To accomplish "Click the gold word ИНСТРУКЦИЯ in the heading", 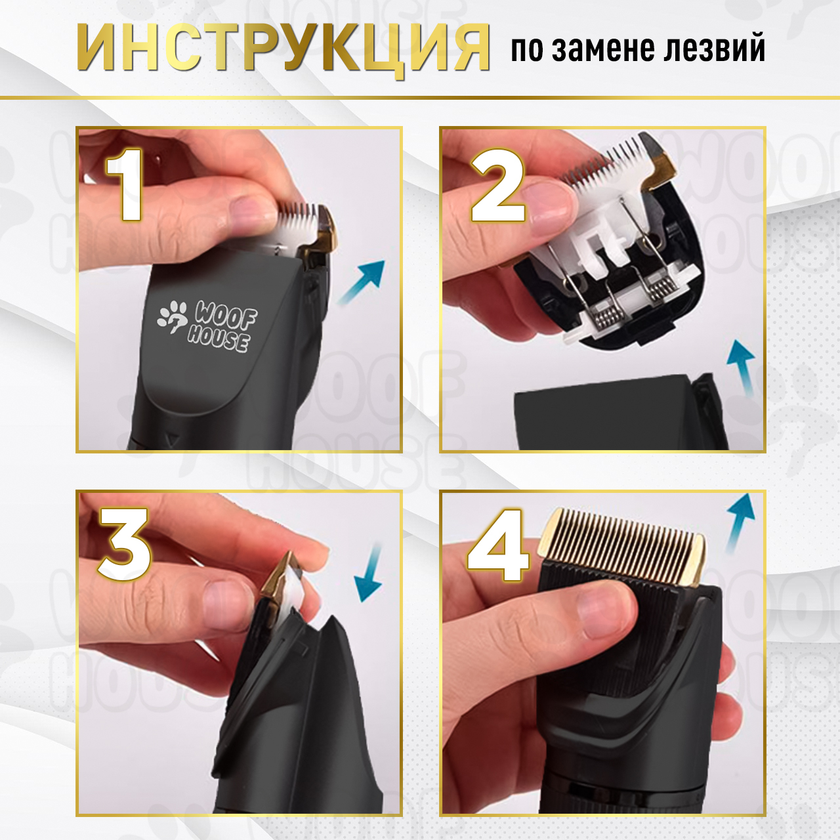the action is (283, 48).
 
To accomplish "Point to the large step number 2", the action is (497, 185).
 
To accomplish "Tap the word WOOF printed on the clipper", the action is (225, 317).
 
